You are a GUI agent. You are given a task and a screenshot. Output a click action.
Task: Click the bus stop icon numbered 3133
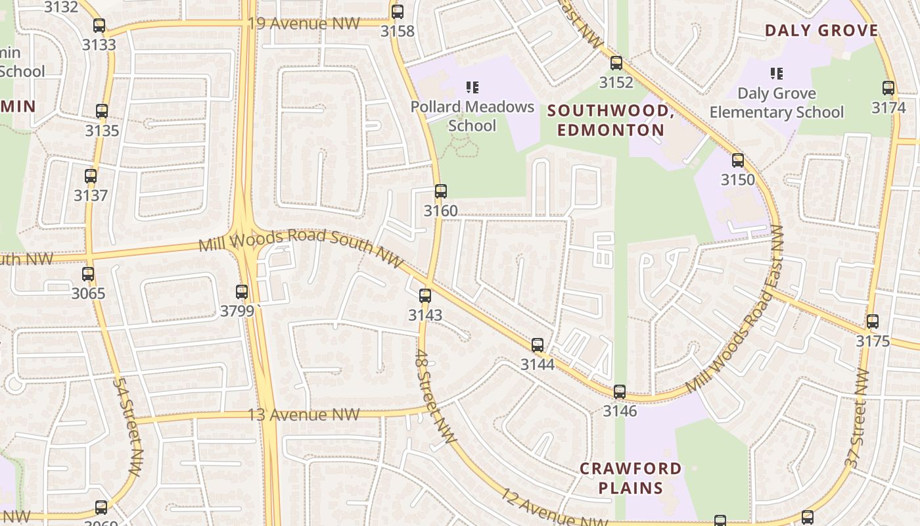(x=99, y=26)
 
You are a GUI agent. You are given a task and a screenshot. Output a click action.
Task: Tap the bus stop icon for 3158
(x=398, y=12)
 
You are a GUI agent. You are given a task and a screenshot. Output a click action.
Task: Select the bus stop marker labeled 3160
(x=441, y=191)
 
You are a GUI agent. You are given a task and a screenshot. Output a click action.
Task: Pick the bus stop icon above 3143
(x=425, y=296)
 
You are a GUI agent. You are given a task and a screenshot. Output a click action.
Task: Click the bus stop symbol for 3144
(x=538, y=345)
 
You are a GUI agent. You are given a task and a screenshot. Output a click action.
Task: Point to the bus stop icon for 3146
(x=620, y=392)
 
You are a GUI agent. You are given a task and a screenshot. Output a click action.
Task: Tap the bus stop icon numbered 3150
(x=738, y=160)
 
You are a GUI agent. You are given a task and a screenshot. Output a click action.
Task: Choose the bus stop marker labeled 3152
(x=616, y=63)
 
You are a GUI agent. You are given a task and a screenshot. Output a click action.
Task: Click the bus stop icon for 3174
(x=888, y=88)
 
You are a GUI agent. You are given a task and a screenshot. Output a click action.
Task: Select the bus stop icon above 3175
(x=873, y=322)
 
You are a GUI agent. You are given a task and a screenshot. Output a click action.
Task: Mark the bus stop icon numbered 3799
(x=242, y=292)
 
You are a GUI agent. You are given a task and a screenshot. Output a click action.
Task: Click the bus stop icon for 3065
(x=88, y=274)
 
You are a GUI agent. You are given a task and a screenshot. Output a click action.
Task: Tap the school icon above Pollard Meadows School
(x=472, y=87)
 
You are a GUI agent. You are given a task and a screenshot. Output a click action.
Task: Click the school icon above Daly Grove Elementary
(x=777, y=74)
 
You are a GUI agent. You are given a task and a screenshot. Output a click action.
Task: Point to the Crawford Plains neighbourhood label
(x=630, y=478)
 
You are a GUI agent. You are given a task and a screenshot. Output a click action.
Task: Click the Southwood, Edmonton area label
(x=611, y=120)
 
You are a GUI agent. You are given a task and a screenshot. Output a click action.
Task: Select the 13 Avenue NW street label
(x=304, y=415)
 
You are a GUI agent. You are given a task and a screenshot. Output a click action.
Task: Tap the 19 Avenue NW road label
(x=304, y=24)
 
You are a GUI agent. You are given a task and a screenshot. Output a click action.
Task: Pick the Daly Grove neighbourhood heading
(x=821, y=30)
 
